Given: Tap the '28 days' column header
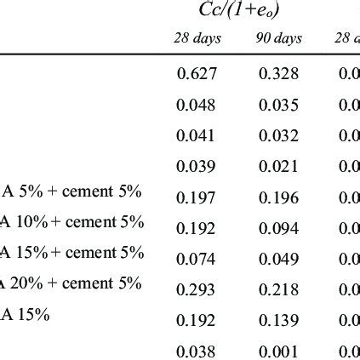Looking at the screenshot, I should click(x=197, y=40).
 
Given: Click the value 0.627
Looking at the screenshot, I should click(x=197, y=74).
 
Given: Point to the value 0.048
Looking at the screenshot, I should click(x=197, y=105).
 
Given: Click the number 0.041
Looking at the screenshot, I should click(x=197, y=134).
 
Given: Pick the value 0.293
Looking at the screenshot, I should click(x=197, y=289).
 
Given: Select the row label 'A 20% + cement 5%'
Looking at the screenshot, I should click(x=71, y=284).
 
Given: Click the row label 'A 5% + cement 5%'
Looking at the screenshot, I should click(x=71, y=192).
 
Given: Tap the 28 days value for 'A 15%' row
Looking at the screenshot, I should click(x=197, y=318).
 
